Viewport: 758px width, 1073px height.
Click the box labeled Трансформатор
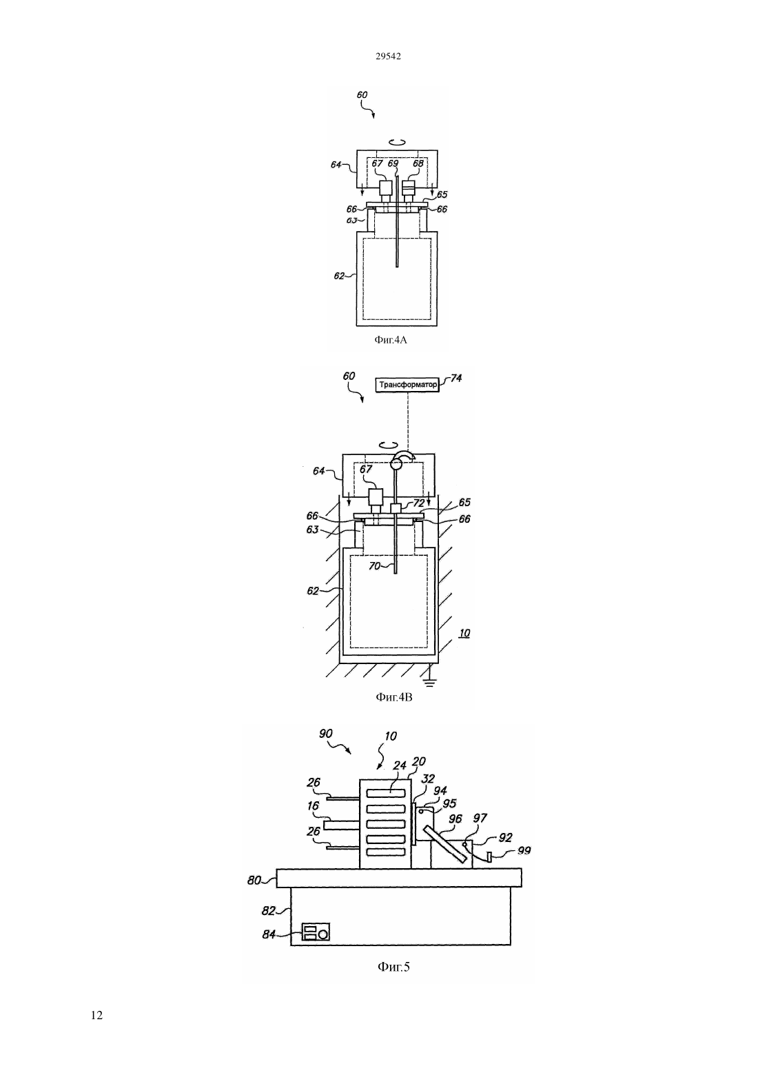(x=408, y=385)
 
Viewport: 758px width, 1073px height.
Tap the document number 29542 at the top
(x=388, y=56)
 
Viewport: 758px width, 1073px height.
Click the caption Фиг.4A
(x=391, y=340)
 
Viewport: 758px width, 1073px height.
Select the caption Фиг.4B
(x=394, y=697)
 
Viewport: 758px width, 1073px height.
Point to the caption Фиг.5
(x=394, y=967)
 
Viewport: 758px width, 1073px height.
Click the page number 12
(x=96, y=1015)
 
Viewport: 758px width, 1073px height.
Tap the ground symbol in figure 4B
(x=430, y=682)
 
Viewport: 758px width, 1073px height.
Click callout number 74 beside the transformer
(x=456, y=378)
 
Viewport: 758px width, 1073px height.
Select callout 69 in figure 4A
(x=393, y=163)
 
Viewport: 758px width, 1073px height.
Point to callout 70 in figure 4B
(x=374, y=565)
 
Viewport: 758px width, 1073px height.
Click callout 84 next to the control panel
(x=269, y=934)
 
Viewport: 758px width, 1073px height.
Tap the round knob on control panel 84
(x=323, y=934)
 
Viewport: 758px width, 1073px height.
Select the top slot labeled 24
(x=385, y=792)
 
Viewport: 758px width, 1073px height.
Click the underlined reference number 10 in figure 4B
(x=464, y=633)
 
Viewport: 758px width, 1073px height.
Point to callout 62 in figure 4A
(x=339, y=276)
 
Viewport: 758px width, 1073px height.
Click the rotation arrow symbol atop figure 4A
(x=397, y=142)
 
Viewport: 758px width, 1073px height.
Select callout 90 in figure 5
(x=325, y=734)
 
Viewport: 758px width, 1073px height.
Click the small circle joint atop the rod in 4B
(x=396, y=463)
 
